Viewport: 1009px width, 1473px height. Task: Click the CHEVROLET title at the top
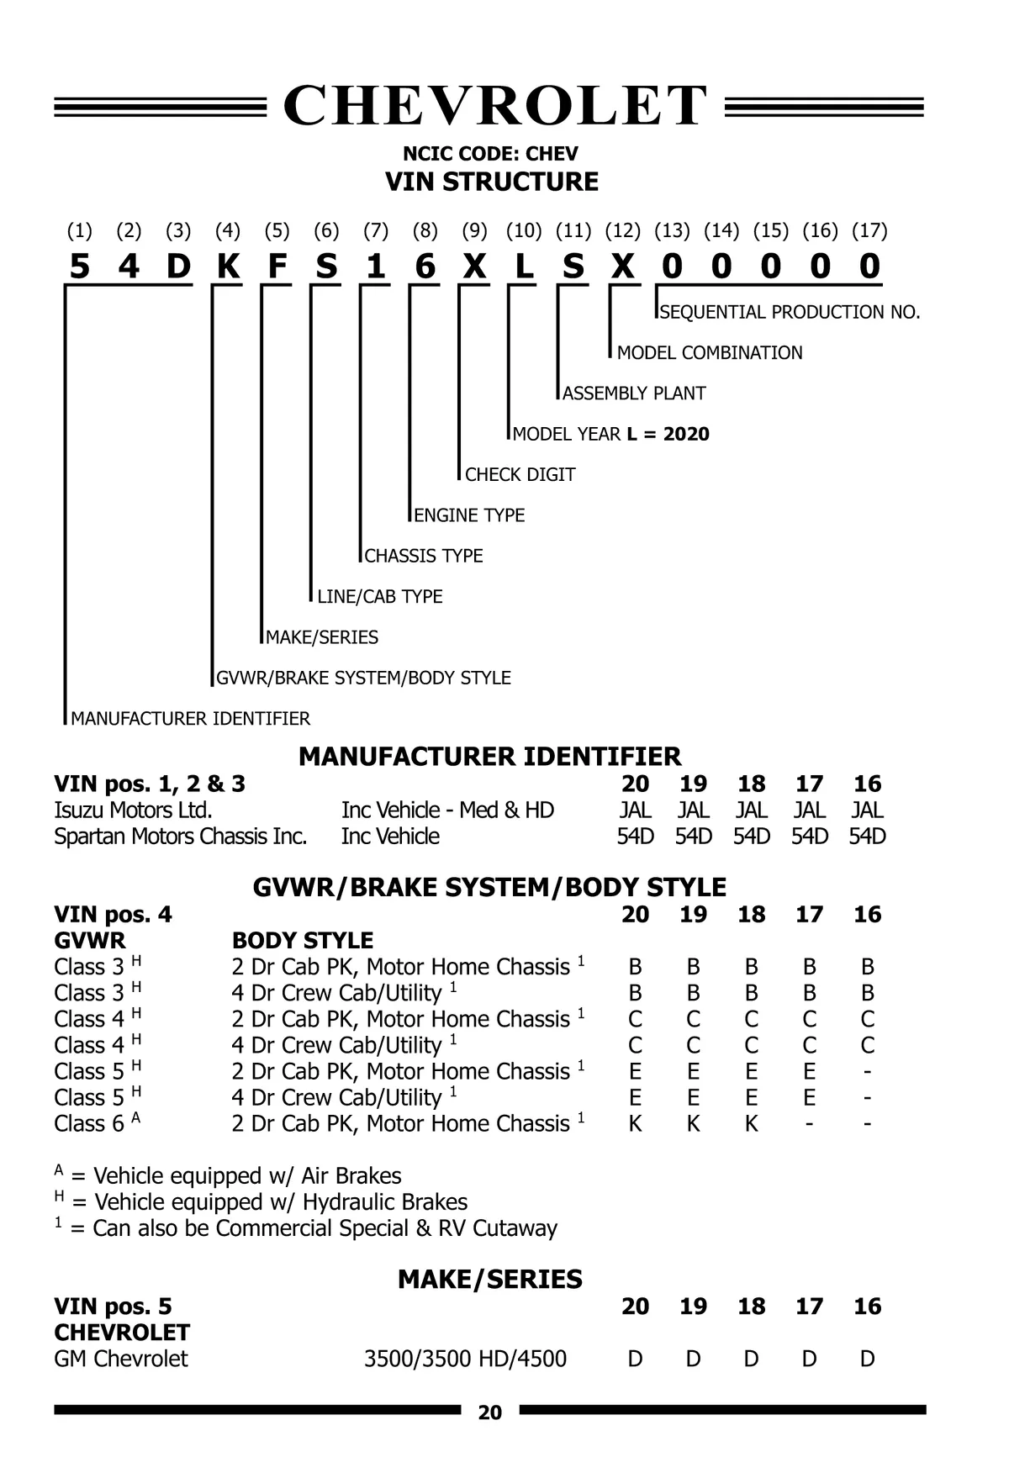pyautogui.click(x=494, y=106)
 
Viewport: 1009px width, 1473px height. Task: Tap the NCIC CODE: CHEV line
pyautogui.click(x=490, y=154)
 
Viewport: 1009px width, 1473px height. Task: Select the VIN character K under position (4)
pyautogui.click(x=228, y=267)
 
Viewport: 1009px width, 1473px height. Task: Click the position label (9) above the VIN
pyautogui.click(x=474, y=230)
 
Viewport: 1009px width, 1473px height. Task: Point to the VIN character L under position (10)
pyautogui.click(x=524, y=267)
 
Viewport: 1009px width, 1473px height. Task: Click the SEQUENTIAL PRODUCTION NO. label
pyautogui.click(x=790, y=313)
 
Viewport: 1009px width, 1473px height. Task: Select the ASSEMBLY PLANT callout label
pyautogui.click(x=634, y=393)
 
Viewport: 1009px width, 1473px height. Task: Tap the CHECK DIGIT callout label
pyautogui.click(x=520, y=475)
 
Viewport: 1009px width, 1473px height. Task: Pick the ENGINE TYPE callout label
pyautogui.click(x=469, y=515)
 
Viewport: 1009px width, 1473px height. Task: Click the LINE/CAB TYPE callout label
pyautogui.click(x=379, y=597)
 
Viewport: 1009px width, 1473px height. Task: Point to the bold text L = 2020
pyautogui.click(x=668, y=435)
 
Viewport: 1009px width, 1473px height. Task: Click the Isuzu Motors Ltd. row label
pyautogui.click(x=133, y=810)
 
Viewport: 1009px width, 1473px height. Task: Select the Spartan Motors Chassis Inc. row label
pyautogui.click(x=180, y=837)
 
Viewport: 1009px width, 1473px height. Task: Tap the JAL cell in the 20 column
pyautogui.click(x=635, y=810)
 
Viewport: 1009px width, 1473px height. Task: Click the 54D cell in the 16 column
pyautogui.click(x=867, y=837)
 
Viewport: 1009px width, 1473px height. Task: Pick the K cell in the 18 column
pyautogui.click(x=751, y=1124)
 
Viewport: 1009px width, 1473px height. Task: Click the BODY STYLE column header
pyautogui.click(x=303, y=941)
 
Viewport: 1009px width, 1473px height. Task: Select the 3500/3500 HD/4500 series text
pyautogui.click(x=465, y=1359)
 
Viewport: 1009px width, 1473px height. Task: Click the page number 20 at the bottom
pyautogui.click(x=490, y=1413)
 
